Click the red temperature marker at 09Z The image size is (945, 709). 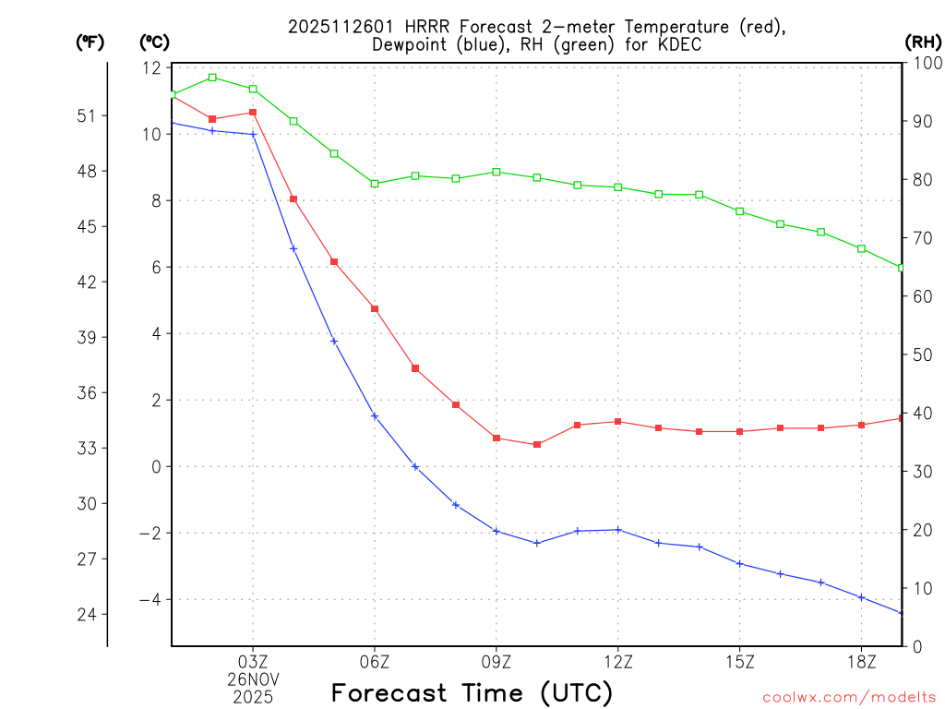click(x=496, y=438)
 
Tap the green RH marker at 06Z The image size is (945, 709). click(x=375, y=184)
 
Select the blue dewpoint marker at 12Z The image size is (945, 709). click(x=618, y=530)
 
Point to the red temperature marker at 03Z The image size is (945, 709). click(x=253, y=113)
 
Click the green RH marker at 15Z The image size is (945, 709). click(x=740, y=211)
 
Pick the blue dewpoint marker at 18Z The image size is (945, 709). click(x=861, y=597)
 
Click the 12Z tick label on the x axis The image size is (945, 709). click(x=618, y=661)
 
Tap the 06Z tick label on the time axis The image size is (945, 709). click(x=375, y=661)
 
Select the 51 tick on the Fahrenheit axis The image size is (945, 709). click(x=87, y=116)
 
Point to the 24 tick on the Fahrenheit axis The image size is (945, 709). click(x=87, y=615)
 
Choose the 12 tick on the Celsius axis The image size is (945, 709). click(x=151, y=68)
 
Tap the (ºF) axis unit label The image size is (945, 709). click(x=90, y=42)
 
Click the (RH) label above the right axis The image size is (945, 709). click(x=922, y=42)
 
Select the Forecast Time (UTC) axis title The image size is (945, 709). click(x=472, y=692)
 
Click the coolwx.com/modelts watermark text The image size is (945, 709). click(x=849, y=697)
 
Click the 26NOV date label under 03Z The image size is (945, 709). click(x=253, y=679)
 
